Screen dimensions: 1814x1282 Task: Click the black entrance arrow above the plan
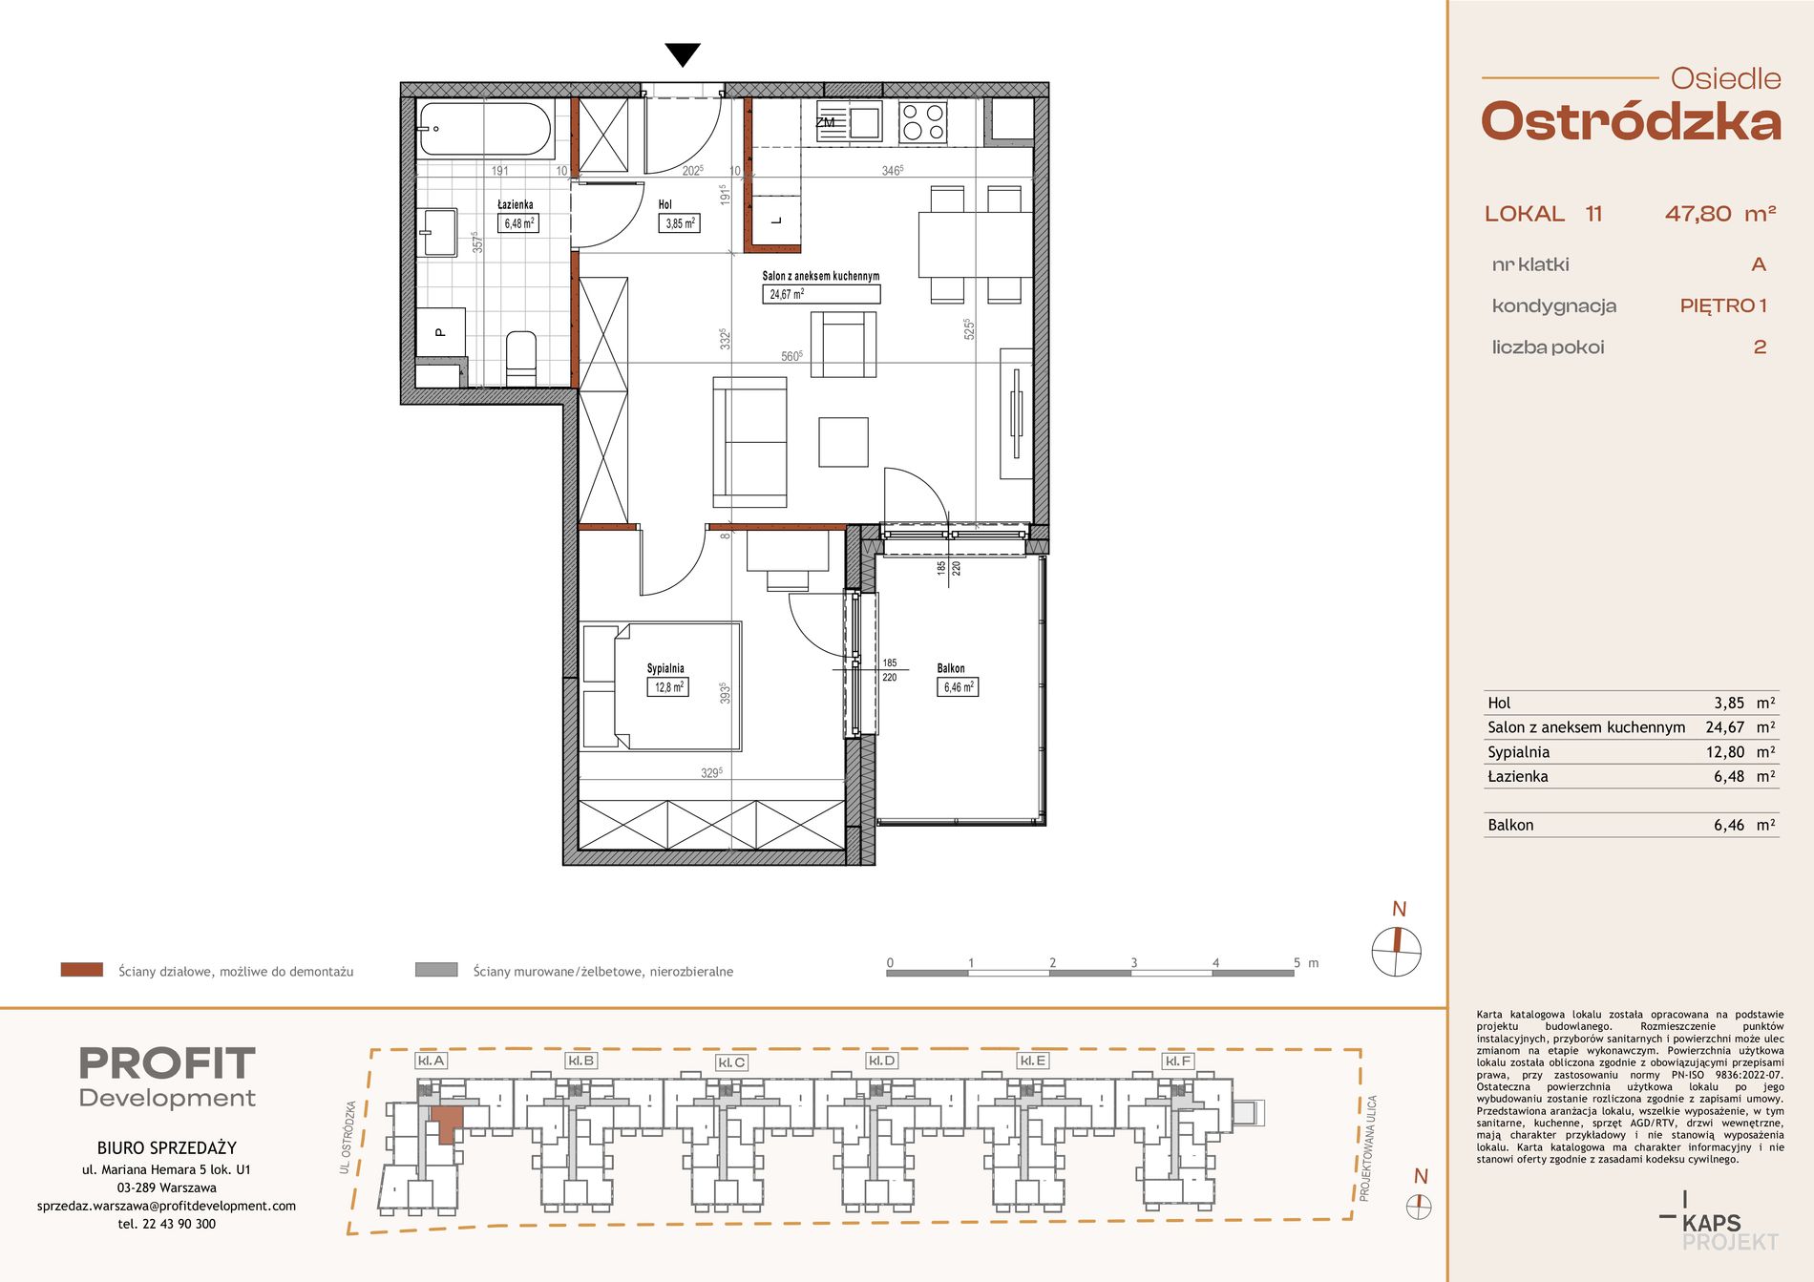[x=683, y=55]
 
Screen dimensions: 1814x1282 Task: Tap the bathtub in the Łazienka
[x=485, y=129]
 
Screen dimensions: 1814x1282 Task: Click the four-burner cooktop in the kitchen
[x=923, y=122]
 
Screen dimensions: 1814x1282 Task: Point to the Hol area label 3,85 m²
[x=680, y=223]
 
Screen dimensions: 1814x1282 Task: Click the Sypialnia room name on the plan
[x=665, y=668]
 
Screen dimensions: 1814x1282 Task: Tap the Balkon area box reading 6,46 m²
[x=958, y=686]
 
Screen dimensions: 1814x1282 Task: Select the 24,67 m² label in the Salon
[x=787, y=294]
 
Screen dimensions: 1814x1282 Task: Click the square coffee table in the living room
[x=843, y=442]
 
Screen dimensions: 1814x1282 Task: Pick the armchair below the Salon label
[x=843, y=345]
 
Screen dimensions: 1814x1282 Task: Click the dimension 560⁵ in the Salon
[x=791, y=356]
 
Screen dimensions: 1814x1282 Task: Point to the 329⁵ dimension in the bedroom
[x=711, y=772]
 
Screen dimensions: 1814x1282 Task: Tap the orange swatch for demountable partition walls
[x=81, y=970]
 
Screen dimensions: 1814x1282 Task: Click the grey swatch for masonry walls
[x=436, y=970]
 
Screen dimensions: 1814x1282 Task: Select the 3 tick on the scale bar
[x=1134, y=962]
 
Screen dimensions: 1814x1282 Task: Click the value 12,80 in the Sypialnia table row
[x=1725, y=752]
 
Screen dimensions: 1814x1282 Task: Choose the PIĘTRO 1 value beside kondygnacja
[x=1723, y=305]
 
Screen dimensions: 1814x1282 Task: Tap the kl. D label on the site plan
[x=881, y=1061]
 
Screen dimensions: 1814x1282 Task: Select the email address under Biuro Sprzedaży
[x=166, y=1206]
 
